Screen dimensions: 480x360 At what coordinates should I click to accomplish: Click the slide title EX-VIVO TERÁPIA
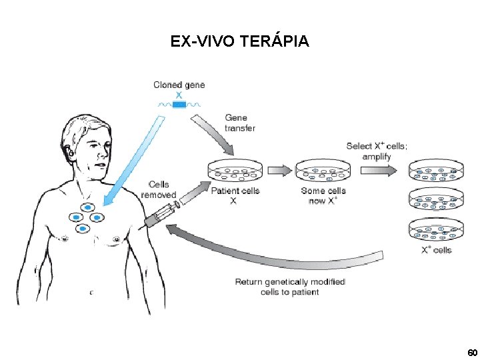point(239,41)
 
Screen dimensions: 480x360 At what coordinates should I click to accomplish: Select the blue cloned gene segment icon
point(179,104)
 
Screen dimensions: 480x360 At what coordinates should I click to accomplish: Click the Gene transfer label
point(240,123)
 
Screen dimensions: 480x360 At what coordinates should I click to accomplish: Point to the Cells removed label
point(159,189)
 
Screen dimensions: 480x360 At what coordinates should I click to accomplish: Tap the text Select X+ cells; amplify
point(377,151)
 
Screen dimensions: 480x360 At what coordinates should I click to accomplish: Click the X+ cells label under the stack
point(436,250)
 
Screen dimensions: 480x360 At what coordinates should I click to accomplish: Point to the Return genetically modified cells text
point(289,287)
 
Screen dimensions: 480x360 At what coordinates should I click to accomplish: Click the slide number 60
point(472,351)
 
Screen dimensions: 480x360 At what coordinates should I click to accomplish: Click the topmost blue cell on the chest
point(87,207)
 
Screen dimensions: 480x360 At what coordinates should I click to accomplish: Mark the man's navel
point(91,291)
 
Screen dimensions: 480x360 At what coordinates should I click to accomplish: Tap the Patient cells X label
point(235,195)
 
